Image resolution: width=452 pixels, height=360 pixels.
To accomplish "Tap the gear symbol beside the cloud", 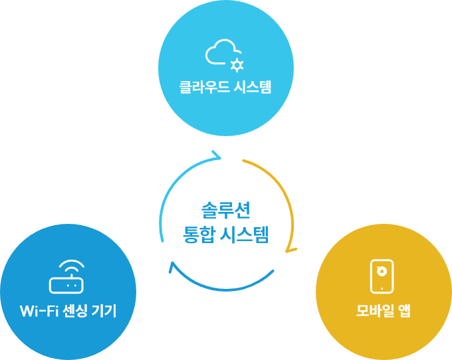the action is [237, 65].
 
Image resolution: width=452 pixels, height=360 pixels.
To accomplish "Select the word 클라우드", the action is [204, 87].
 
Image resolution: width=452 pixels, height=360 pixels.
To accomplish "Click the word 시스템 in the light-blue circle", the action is [253, 87].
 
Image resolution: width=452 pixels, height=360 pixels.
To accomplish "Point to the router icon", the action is [66, 285].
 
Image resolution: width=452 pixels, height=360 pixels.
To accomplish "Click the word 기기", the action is [104, 311].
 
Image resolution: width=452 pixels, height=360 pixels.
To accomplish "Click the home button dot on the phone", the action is [382, 288].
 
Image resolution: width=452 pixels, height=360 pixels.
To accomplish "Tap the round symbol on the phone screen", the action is [382, 271].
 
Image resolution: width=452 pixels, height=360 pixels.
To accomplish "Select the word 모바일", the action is [375, 311].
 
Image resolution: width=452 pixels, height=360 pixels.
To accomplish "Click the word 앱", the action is [404, 311].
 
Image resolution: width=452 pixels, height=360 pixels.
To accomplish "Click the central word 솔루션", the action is [226, 211].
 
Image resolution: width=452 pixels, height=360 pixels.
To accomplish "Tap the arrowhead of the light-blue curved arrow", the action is [217, 155].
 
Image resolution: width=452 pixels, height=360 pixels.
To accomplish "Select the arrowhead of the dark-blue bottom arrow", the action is [171, 266].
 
